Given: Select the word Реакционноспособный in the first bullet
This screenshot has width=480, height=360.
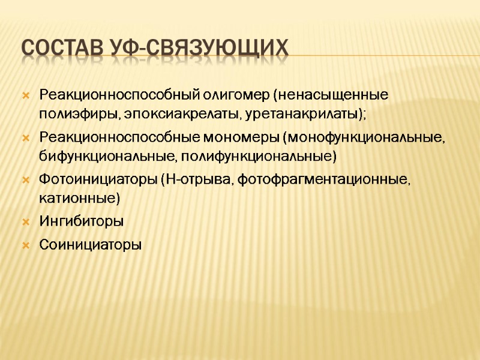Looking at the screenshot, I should pyautogui.click(x=110, y=95).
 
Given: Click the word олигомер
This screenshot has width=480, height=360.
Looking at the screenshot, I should pyautogui.click(x=228, y=95).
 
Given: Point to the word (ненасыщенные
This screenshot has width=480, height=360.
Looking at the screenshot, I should pyautogui.click(x=331, y=95).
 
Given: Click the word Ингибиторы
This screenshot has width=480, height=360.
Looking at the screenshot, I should pyautogui.click(x=81, y=221).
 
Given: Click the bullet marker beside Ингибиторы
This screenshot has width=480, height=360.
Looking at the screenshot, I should pyautogui.click(x=25, y=221).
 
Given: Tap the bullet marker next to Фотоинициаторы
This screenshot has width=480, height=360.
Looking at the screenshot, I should pyautogui.click(x=25, y=179).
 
